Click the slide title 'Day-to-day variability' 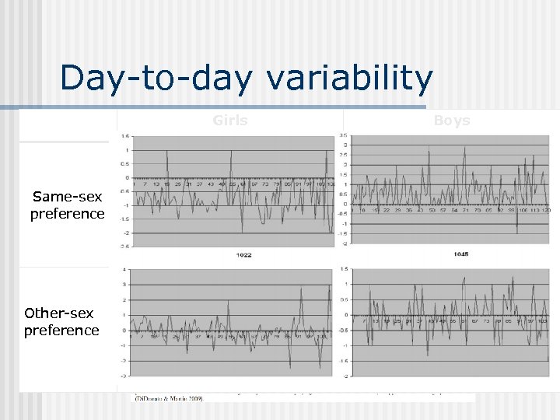[x=246, y=79]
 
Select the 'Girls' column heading [x=230, y=121]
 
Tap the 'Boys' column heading [x=452, y=121]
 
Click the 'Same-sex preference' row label [x=67, y=205]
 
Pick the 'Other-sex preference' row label [x=61, y=321]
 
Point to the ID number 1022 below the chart [x=243, y=255]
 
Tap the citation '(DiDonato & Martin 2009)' [x=169, y=398]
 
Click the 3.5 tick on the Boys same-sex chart [x=344, y=136]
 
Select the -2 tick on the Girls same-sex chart [x=124, y=233]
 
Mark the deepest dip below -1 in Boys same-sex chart [x=516, y=232]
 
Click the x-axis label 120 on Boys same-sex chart [x=547, y=210]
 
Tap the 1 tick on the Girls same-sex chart [x=126, y=150]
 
